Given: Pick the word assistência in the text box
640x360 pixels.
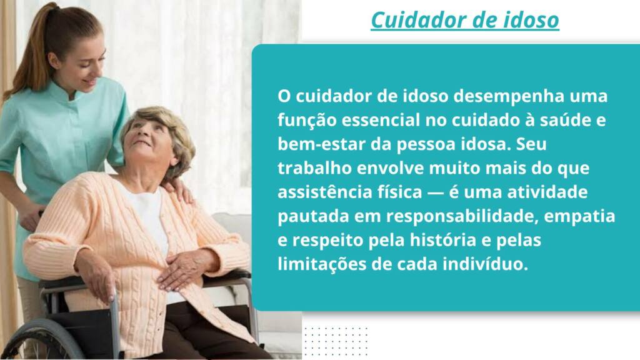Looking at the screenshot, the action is point(325,192).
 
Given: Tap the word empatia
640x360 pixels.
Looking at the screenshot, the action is point(579,217).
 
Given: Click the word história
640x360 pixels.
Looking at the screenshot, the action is point(443,239).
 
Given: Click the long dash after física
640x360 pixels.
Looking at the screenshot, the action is point(435,192).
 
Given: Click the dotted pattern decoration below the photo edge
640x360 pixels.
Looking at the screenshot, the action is point(336,341).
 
